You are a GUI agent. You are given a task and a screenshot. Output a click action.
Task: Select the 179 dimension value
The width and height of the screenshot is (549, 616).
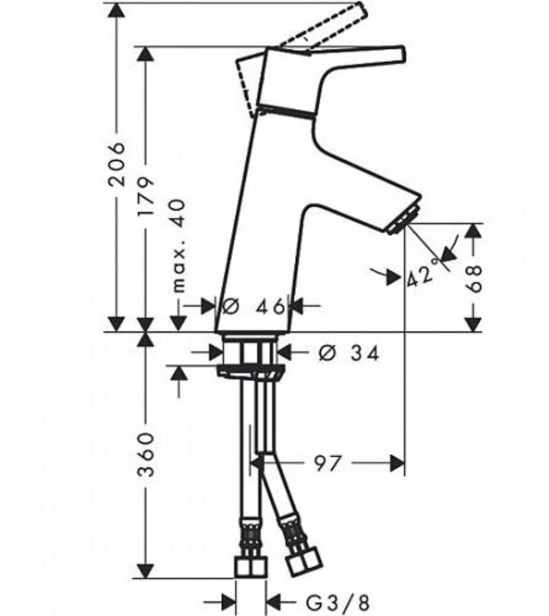tap(146, 196)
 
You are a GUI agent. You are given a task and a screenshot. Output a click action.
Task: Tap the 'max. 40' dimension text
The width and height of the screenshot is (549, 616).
tap(178, 246)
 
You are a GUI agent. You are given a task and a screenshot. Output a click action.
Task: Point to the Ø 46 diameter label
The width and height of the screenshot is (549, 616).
tap(253, 306)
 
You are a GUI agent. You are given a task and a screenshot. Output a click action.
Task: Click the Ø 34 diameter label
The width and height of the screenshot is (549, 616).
tap(349, 353)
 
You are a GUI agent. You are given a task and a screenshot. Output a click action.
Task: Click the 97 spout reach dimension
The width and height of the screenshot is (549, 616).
tap(327, 464)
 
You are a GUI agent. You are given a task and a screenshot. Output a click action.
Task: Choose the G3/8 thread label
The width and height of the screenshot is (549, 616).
tap(338, 601)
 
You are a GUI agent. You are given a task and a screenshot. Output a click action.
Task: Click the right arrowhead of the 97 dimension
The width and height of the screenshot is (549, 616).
tap(397, 463)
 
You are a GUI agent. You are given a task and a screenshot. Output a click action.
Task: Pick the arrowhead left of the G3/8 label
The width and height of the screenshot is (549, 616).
tap(228, 600)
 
